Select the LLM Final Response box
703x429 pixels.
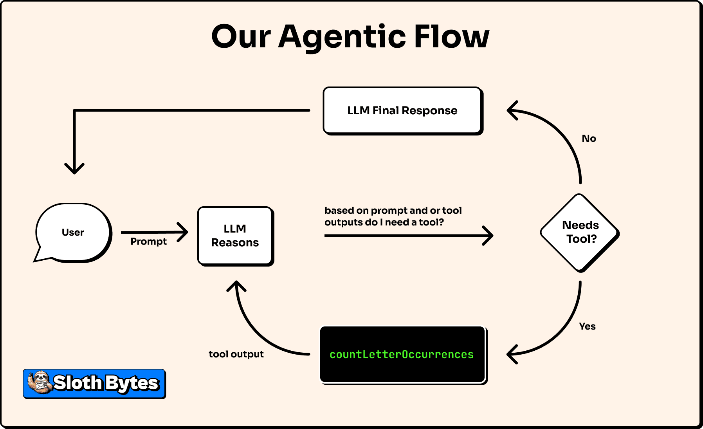click(402, 111)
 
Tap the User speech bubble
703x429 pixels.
click(73, 232)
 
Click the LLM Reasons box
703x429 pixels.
click(235, 236)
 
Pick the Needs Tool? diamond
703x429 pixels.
click(580, 233)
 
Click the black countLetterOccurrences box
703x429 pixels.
click(402, 354)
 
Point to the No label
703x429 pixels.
click(589, 139)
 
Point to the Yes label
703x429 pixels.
click(587, 326)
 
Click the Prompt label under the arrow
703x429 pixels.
click(148, 242)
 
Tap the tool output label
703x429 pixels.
click(236, 354)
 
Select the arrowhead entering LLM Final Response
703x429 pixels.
click(510, 110)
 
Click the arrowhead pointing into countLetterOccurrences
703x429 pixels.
click(510, 354)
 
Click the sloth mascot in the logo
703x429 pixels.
click(39, 382)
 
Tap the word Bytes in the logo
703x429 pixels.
click(132, 383)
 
